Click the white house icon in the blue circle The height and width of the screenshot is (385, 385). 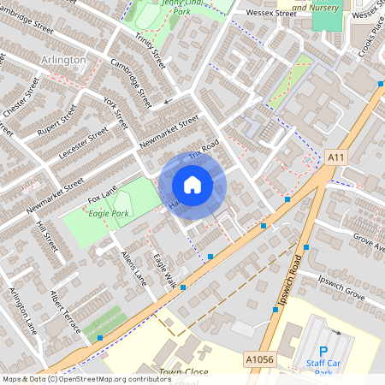192,185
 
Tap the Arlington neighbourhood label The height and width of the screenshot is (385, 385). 63,60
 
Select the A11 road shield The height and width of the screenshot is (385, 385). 335,157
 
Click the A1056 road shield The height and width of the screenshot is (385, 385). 259,359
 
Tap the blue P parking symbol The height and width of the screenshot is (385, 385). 323,351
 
